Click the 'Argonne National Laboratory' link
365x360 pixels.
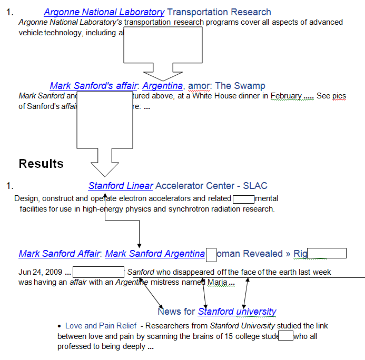(104, 12)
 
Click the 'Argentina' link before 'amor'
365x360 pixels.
(163, 86)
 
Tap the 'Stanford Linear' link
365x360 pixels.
(121, 186)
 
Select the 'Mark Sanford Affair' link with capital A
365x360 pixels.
(59, 254)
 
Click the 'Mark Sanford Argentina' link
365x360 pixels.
(155, 254)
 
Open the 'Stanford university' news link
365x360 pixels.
(237, 312)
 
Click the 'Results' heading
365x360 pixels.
(41, 164)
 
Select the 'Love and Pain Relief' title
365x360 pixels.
(101, 326)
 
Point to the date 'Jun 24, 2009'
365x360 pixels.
(40, 272)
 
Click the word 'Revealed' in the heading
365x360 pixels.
(261, 254)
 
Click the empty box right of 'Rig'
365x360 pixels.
(327, 254)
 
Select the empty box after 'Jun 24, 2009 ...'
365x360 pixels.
(98, 272)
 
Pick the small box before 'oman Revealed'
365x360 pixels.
(211, 254)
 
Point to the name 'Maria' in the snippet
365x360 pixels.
(217, 282)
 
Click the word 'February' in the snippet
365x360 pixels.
(286, 96)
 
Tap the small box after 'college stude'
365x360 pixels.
(285, 336)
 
